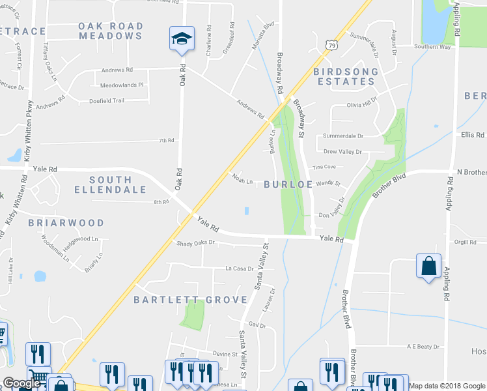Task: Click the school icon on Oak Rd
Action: click(x=182, y=38)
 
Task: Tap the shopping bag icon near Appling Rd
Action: click(x=428, y=266)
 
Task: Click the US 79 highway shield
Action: click(x=332, y=45)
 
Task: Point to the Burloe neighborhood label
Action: click(x=288, y=184)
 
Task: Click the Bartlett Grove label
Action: click(x=190, y=300)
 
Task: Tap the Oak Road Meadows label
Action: click(x=111, y=31)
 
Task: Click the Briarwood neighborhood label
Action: click(x=66, y=223)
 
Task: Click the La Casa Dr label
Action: click(x=239, y=268)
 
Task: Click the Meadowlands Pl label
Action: click(x=121, y=85)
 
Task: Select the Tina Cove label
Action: click(x=324, y=166)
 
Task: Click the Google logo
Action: click(x=21, y=384)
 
